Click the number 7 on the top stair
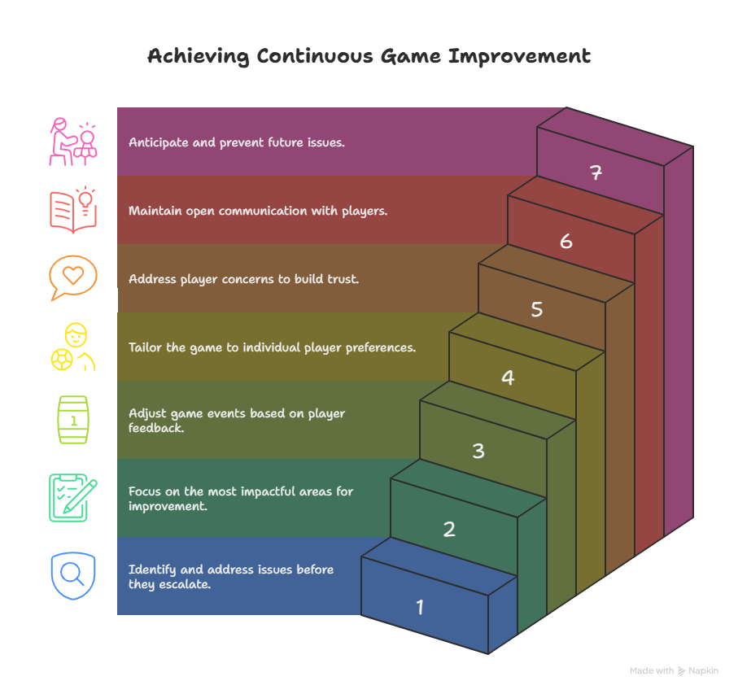pyautogui.click(x=596, y=172)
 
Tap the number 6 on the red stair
pyautogui.click(x=566, y=241)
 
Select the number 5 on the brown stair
pyautogui.click(x=537, y=309)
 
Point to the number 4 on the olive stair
pyautogui.click(x=508, y=378)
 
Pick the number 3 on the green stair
pyautogui.click(x=478, y=451)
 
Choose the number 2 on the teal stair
pyautogui.click(x=449, y=529)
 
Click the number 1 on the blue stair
pyautogui.click(x=420, y=607)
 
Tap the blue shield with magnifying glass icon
pyautogui.click(x=73, y=575)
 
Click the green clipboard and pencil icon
pyautogui.click(x=73, y=497)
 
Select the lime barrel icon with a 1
pyautogui.click(x=73, y=420)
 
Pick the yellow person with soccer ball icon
pyautogui.click(x=73, y=347)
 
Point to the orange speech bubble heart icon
pyautogui.click(x=73, y=277)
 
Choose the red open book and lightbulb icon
pyautogui.click(x=73, y=209)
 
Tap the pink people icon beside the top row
pyautogui.click(x=73, y=142)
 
